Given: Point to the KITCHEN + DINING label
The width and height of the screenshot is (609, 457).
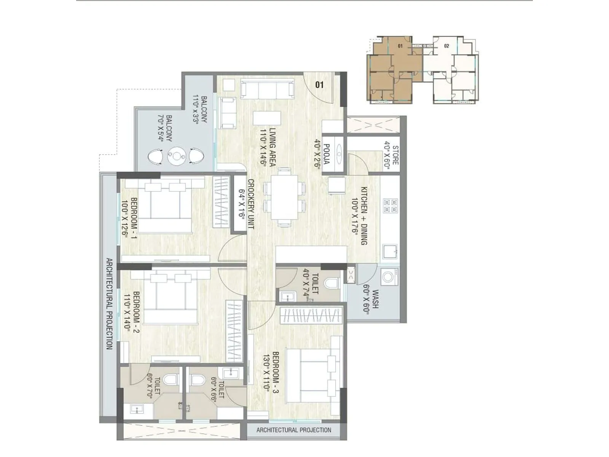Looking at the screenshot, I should click(x=359, y=216).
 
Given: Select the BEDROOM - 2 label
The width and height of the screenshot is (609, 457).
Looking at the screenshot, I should click(x=131, y=312).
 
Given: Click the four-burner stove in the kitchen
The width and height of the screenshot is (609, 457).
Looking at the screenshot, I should click(x=390, y=206).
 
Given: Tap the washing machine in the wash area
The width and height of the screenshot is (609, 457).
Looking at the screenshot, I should click(x=389, y=277).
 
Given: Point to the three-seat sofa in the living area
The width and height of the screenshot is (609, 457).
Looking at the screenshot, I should click(x=268, y=89).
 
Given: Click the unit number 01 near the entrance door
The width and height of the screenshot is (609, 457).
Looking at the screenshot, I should click(x=319, y=85).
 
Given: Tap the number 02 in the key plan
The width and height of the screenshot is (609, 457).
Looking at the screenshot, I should click(x=446, y=46).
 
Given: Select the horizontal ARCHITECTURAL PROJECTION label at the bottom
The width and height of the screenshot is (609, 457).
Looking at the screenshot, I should click(x=293, y=430).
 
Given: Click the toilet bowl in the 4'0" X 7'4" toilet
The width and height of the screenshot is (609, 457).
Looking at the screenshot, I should click(x=332, y=283).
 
